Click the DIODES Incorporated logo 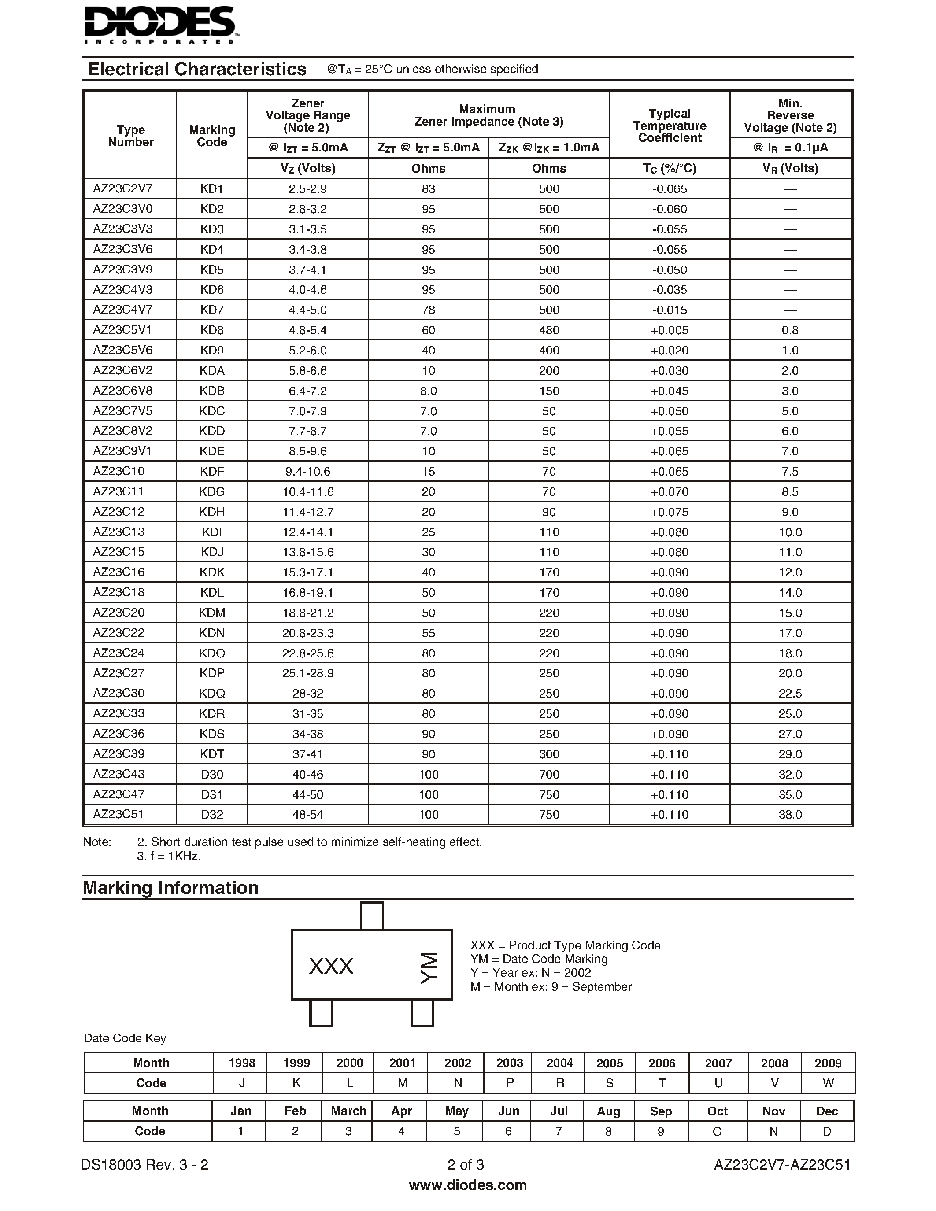161,25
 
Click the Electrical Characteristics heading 197,69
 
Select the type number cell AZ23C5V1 122,330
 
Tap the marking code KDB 212,391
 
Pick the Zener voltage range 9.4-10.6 308,471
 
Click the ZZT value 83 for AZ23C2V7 428,189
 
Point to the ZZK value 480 549,330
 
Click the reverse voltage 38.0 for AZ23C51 790,815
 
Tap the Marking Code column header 212,136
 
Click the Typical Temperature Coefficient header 669,126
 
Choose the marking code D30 212,775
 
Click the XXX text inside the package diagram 331,967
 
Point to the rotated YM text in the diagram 429,968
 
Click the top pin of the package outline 371,916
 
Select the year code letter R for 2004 559,1083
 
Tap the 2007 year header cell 718,1063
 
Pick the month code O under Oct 717,1131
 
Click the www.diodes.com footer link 467,1185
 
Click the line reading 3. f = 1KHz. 169,856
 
